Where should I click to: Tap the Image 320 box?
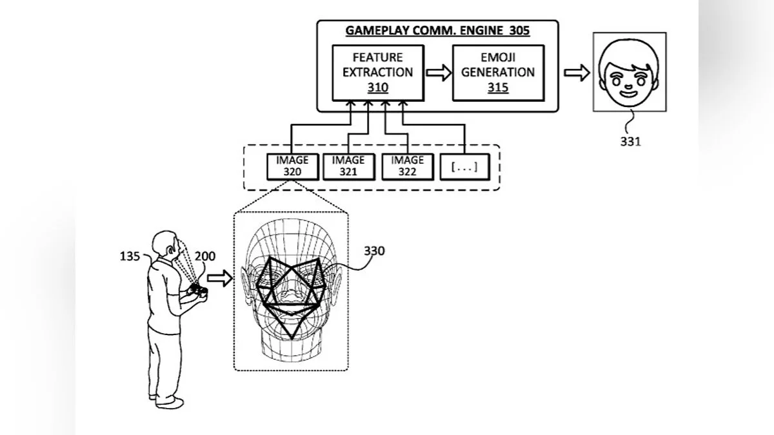(x=293, y=166)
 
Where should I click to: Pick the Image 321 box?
(x=349, y=166)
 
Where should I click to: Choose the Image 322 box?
(x=406, y=166)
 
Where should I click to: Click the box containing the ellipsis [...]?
(x=464, y=167)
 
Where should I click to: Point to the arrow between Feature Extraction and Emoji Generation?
(x=439, y=73)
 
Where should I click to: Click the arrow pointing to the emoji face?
(x=577, y=73)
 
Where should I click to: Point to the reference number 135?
(x=130, y=257)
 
